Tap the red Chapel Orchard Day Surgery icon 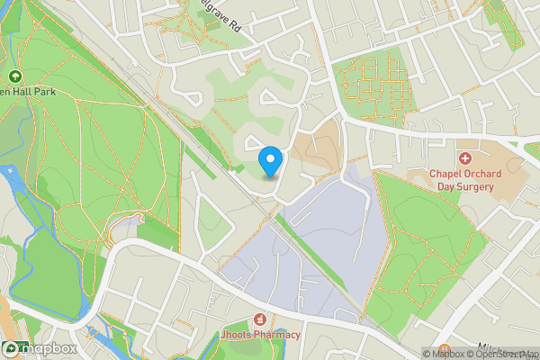pyautogui.click(x=465, y=157)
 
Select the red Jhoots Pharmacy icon pyautogui.click(x=260, y=319)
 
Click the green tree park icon pyautogui.click(x=14, y=77)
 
